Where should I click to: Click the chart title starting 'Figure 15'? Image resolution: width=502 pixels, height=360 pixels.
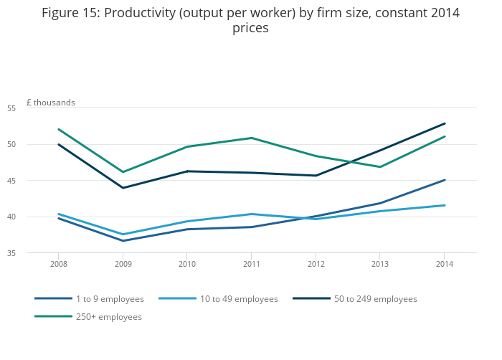pos(250,20)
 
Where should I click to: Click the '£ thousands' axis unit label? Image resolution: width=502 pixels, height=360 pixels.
pos(50,103)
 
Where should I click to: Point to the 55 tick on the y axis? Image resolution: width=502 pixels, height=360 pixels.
pos(32,108)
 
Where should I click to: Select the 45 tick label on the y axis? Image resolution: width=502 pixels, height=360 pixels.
pos(32,181)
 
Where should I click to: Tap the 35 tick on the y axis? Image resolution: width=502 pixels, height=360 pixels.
pos(32,253)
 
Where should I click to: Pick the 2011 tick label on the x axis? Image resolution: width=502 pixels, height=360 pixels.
pos(251,263)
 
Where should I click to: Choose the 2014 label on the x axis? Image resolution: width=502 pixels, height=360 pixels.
pos(445,263)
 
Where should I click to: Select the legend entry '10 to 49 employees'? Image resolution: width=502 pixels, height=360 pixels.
pos(239,299)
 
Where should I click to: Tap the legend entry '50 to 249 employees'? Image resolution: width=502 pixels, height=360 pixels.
pos(375,299)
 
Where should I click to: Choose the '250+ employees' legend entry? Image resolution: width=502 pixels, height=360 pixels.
pos(108,317)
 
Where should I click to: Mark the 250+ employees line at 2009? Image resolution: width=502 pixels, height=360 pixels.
pos(123,172)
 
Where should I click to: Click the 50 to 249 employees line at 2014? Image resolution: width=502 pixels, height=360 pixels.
pos(445,123)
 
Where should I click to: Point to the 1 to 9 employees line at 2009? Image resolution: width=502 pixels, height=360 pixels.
pos(123,241)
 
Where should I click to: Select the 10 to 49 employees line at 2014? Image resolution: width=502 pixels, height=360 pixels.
pos(445,206)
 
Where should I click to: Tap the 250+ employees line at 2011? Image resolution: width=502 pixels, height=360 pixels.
pos(251,138)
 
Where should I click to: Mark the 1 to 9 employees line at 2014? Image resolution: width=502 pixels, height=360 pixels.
pos(445,180)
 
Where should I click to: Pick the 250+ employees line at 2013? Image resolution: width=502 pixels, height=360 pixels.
pos(380,167)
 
